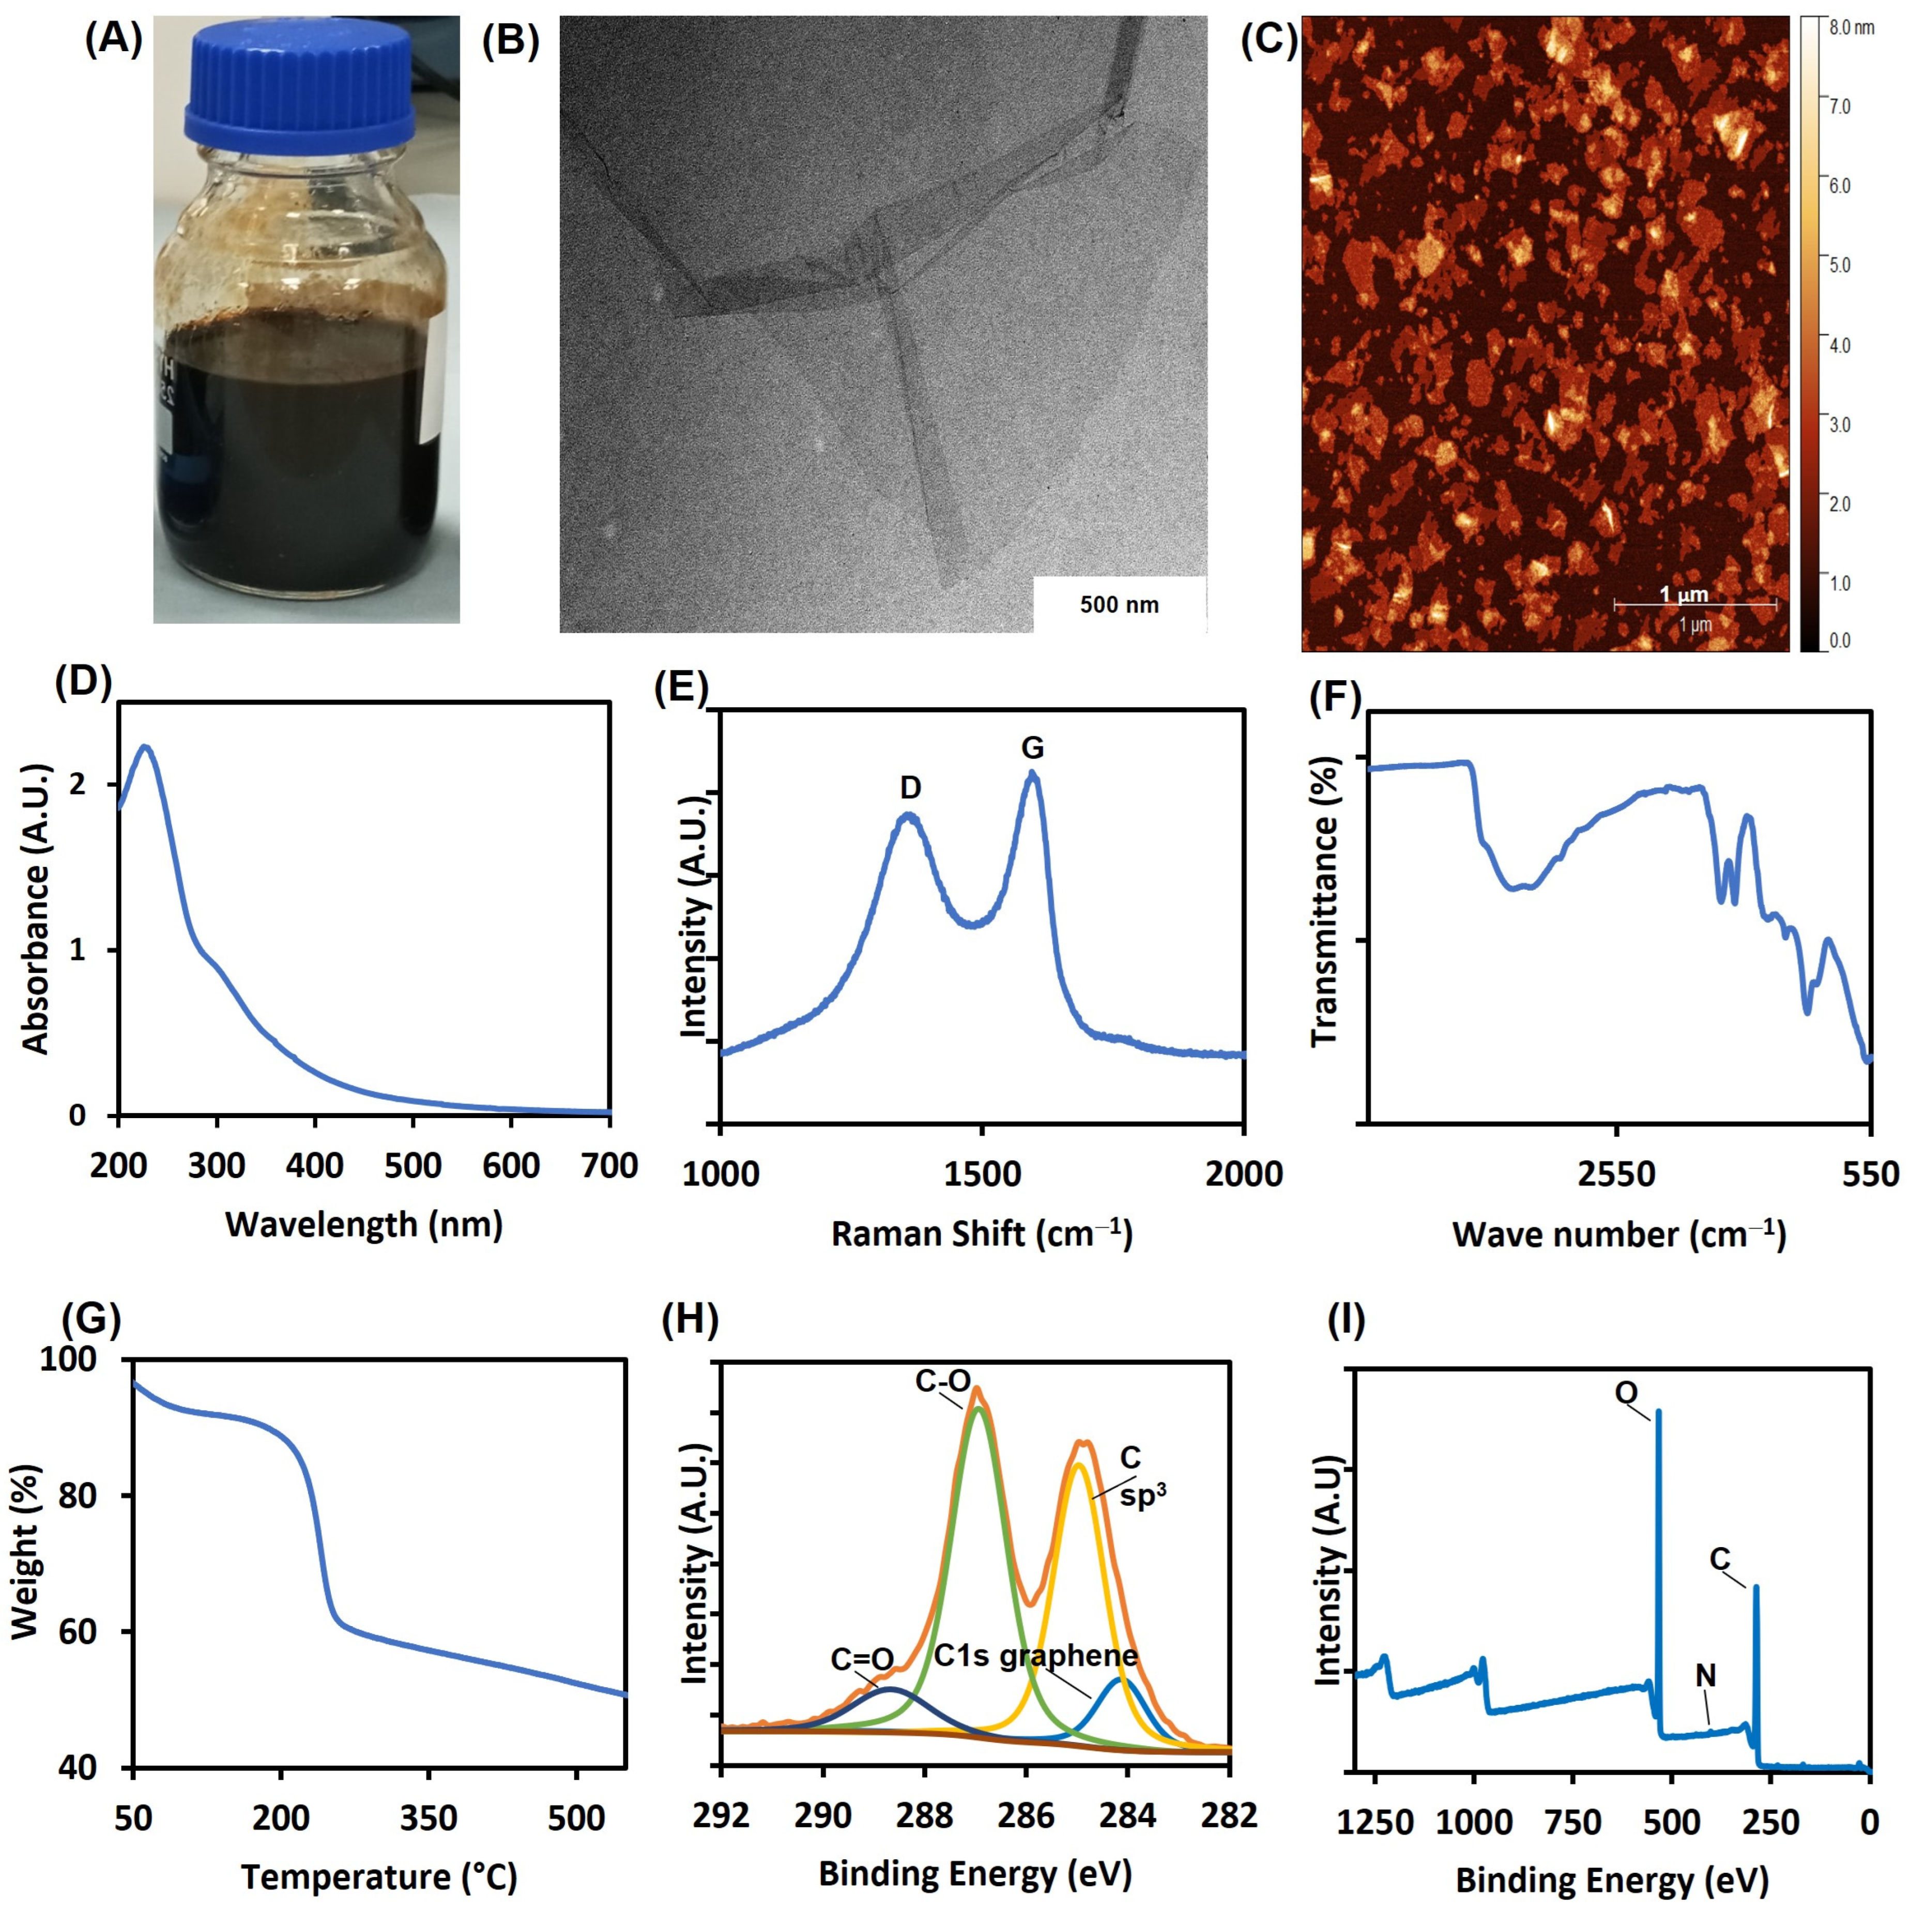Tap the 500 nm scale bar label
point(1119,604)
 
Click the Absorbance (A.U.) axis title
point(36,908)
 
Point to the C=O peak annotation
point(862,1659)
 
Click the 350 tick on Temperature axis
point(430,1818)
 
